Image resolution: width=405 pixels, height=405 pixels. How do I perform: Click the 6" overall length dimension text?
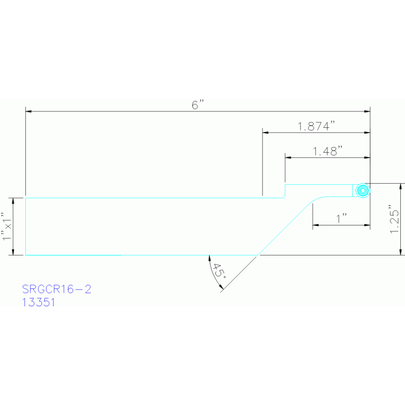click(197, 105)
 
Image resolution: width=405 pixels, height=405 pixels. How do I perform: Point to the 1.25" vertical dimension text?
click(393, 219)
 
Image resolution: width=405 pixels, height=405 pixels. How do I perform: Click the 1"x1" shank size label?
click(6, 227)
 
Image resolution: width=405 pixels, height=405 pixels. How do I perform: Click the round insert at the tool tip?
click(362, 191)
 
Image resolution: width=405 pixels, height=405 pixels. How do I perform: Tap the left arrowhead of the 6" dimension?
click(29, 111)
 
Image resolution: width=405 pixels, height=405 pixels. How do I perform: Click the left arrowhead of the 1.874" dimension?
click(266, 132)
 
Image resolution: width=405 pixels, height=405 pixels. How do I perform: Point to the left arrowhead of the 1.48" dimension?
click(288, 157)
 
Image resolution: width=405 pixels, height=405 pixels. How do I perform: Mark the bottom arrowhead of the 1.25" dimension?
click(401, 252)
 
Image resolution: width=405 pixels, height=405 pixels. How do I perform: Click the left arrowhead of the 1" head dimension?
click(316, 225)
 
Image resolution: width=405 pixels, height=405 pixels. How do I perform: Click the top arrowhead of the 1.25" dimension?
click(401, 186)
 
